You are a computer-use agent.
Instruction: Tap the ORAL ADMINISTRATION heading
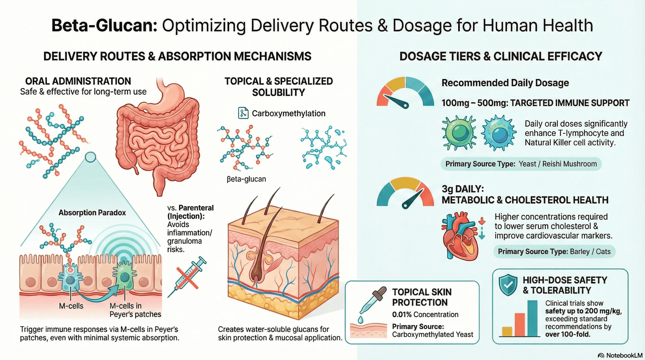pos(78,81)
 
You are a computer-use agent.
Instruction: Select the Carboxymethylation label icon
pos(243,113)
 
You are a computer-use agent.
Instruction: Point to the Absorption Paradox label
pos(92,213)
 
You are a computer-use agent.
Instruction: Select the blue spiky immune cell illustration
pos(499,132)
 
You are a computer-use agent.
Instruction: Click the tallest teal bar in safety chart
pos(532,318)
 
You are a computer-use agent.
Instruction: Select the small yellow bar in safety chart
pos(507,331)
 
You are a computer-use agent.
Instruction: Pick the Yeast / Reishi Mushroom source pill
pos(521,164)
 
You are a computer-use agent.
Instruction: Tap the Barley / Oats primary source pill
pos(554,252)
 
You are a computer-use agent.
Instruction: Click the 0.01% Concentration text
pos(425,314)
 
